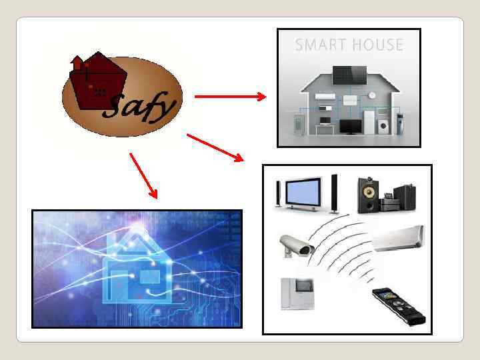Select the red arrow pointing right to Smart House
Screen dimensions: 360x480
pos(230,97)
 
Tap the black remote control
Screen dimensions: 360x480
pos(398,305)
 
